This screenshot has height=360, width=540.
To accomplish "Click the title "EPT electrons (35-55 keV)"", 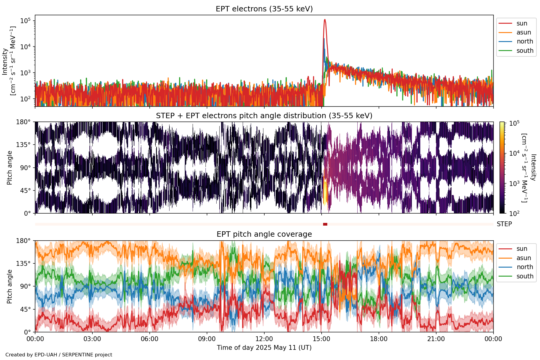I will (x=264, y=9).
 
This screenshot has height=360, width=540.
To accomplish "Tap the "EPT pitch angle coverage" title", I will (x=264, y=234).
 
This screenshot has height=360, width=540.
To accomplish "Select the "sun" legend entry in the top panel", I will (x=521, y=23).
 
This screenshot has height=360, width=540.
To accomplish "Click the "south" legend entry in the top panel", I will (x=525, y=51).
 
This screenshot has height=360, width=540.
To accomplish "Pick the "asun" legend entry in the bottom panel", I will (x=523, y=258).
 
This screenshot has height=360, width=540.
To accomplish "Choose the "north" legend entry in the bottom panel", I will (x=525, y=267).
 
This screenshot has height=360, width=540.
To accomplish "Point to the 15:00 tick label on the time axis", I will (x=321, y=339).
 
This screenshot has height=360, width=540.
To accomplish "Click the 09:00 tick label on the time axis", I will (x=207, y=339).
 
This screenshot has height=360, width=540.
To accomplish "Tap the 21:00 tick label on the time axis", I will (x=436, y=339).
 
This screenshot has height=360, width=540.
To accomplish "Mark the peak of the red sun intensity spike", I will (x=325, y=20).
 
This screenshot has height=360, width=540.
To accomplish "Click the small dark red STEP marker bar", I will (x=325, y=224).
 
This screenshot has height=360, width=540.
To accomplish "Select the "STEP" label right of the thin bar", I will (x=504, y=224).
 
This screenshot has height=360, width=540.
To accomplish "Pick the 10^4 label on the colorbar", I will (x=514, y=153).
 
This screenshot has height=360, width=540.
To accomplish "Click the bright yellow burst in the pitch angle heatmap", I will (x=325, y=192).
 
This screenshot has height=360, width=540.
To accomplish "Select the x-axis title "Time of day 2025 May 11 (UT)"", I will (x=264, y=348).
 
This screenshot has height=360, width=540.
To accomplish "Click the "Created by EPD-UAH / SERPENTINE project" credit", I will (x=59, y=355).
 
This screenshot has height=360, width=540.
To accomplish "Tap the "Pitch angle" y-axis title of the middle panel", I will (x=10, y=168).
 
